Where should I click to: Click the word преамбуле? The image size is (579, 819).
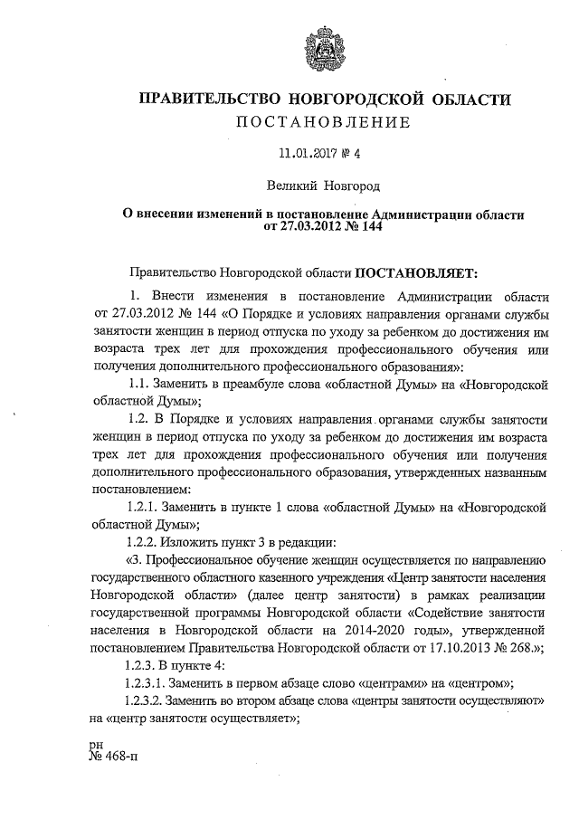tap(255, 384)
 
